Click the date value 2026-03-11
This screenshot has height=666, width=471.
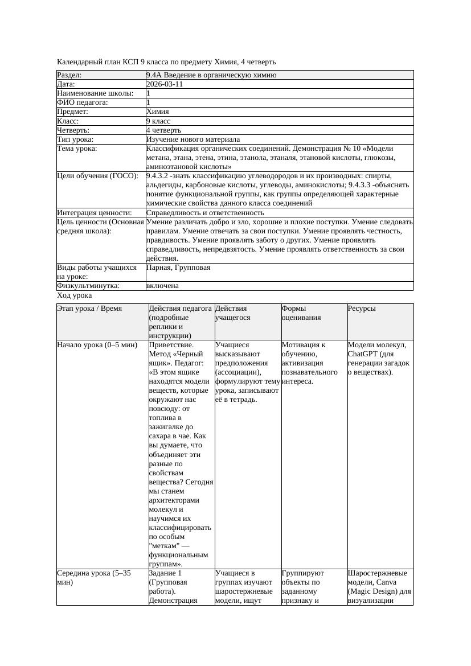coord(164,84)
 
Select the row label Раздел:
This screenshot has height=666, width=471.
coord(69,75)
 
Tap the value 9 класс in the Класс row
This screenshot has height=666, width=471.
coord(158,121)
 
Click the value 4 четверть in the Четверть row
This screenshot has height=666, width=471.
coord(163,130)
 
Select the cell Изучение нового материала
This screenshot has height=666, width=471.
coord(193,139)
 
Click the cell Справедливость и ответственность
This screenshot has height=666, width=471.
coord(204,212)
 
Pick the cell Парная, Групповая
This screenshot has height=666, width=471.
coord(178,267)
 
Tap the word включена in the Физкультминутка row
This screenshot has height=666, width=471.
coord(162,286)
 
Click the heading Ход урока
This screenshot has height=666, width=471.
coord(75,295)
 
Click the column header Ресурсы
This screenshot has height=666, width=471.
coord(362,308)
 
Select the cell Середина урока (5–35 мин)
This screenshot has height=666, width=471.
coord(94,578)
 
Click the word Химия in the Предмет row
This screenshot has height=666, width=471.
coord(157,112)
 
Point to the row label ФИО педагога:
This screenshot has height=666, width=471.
coord(83,102)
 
